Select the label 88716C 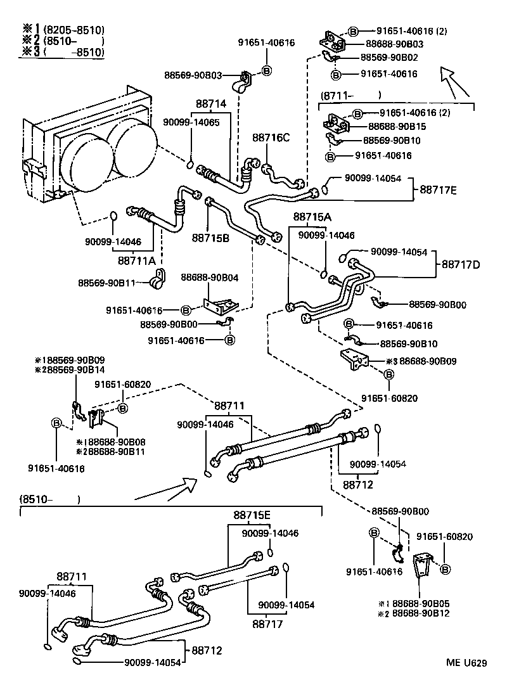tap(271, 138)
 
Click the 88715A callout tap(312, 217)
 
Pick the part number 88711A tap(138, 260)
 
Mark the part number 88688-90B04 tap(209, 277)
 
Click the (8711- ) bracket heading tap(351, 96)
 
